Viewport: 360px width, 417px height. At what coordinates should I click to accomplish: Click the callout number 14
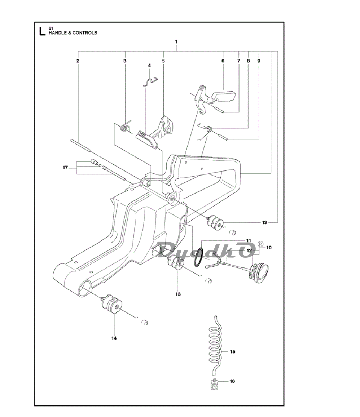(114, 338)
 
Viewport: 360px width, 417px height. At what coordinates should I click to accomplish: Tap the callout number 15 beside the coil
(232, 351)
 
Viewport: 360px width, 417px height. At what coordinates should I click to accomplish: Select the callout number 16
(232, 381)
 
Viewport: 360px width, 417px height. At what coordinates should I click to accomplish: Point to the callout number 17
(65, 168)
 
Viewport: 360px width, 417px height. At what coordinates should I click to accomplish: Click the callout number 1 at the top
(176, 41)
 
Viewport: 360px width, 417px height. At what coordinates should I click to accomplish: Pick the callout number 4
(149, 65)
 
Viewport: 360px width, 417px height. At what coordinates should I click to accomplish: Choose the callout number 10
(269, 248)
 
